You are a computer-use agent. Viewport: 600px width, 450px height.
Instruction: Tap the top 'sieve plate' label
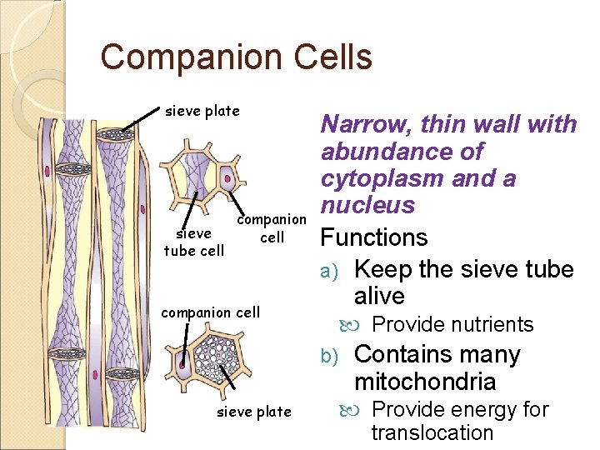pyautogui.click(x=202, y=111)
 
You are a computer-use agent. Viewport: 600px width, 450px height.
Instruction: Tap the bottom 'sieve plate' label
pyautogui.click(x=254, y=411)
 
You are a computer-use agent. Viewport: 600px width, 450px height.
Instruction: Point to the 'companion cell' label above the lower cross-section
pyautogui.click(x=210, y=312)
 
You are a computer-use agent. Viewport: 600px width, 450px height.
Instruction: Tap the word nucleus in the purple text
pyautogui.click(x=367, y=205)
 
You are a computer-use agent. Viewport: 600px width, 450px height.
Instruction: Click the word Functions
pyautogui.click(x=374, y=237)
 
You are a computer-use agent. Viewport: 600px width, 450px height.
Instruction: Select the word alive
pyautogui.click(x=379, y=297)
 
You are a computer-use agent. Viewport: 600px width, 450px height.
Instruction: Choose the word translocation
pyautogui.click(x=432, y=432)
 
